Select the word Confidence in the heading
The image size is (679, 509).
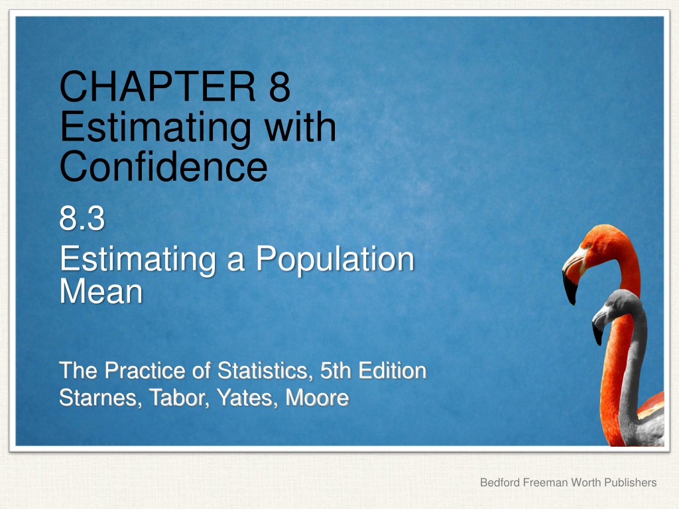[163, 167]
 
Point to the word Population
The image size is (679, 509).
[335, 260]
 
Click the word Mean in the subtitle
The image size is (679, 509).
[101, 292]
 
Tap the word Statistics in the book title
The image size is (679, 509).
[265, 371]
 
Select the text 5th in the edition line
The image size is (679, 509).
[336, 370]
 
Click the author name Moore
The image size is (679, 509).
[317, 398]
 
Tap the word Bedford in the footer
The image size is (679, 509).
[500, 482]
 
